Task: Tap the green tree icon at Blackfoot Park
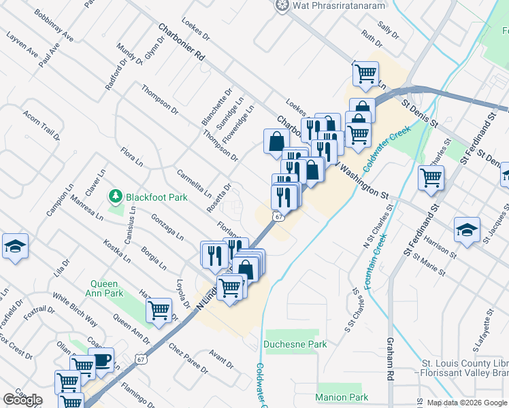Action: click(115, 197)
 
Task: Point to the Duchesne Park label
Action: click(295, 344)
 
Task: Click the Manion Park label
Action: click(342, 396)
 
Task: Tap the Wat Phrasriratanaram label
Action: click(338, 6)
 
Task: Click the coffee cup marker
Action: click(101, 360)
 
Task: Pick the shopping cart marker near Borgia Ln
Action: click(159, 310)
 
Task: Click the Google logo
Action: click(22, 400)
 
